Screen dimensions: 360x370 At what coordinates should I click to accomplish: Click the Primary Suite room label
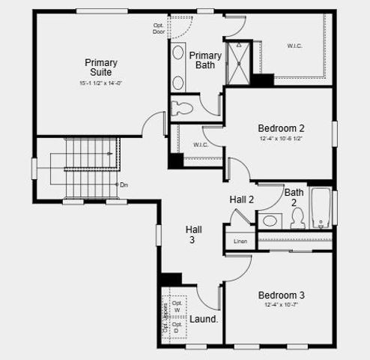click(x=100, y=67)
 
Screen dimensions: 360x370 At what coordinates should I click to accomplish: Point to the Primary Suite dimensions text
click(x=100, y=83)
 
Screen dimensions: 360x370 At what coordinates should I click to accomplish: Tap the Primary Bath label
click(x=204, y=61)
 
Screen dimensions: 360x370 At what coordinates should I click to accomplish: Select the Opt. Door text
click(x=158, y=28)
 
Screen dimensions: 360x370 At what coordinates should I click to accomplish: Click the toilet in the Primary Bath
click(x=182, y=107)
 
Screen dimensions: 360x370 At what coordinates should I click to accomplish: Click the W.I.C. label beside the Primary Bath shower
click(x=295, y=46)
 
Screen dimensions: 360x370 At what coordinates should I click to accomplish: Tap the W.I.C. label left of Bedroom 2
click(x=200, y=145)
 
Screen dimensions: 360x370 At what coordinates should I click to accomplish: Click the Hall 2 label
click(x=242, y=199)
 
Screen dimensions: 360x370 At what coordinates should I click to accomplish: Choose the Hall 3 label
click(x=193, y=235)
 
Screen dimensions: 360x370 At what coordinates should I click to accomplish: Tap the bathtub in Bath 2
click(x=321, y=208)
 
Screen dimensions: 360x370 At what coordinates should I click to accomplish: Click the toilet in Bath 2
click(x=297, y=217)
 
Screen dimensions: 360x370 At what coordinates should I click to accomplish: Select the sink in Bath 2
click(x=269, y=220)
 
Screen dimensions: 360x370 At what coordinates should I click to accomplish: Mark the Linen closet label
click(x=240, y=241)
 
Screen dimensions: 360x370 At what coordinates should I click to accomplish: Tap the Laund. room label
click(x=203, y=319)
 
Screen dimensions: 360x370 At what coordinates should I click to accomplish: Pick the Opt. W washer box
click(x=178, y=307)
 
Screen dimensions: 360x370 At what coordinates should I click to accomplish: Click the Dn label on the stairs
click(x=124, y=184)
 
